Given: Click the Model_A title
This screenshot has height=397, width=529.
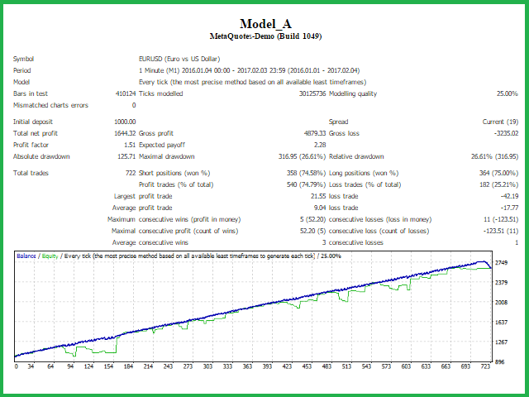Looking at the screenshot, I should (x=264, y=23).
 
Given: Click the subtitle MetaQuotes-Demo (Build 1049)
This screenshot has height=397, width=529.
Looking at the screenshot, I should (x=264, y=36).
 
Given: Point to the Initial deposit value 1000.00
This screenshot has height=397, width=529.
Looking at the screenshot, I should (x=124, y=121).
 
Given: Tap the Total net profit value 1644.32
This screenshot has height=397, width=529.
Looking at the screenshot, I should (x=124, y=132).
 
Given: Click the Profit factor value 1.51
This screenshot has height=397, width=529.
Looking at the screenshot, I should (x=129, y=144).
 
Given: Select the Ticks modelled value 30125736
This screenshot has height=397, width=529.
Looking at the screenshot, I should (x=302, y=93).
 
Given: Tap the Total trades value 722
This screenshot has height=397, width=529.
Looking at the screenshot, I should (x=129, y=173).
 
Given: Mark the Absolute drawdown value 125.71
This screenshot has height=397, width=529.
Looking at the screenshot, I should (x=124, y=155).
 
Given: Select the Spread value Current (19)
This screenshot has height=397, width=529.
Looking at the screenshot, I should (x=499, y=121).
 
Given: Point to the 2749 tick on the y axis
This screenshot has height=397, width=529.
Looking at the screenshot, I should (x=501, y=262).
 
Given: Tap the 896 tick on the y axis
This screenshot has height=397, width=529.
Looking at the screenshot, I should (x=499, y=361).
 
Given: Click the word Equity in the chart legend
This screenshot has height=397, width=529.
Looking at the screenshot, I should (x=50, y=256).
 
